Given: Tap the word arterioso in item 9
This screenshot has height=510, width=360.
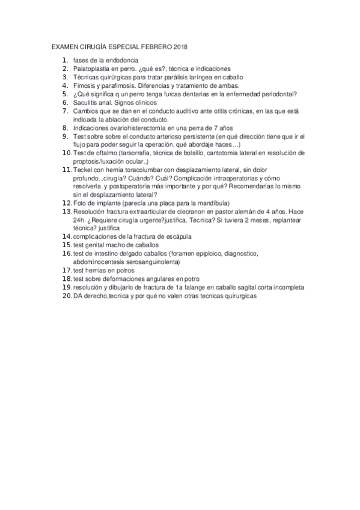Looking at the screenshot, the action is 164,136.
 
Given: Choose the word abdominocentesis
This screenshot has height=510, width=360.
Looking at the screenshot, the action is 101,262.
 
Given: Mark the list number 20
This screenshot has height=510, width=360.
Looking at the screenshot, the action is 67,296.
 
